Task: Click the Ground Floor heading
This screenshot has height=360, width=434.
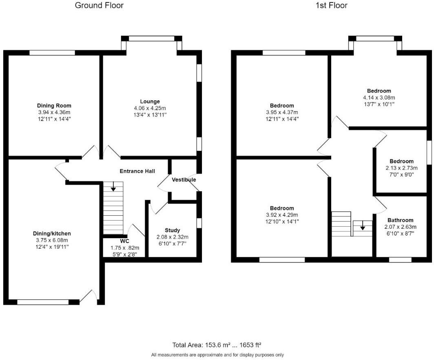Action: click(x=99, y=5)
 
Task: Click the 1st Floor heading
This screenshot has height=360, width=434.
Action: click(x=332, y=5)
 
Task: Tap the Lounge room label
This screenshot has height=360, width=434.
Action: click(x=150, y=102)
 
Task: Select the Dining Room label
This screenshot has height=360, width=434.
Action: click(x=54, y=106)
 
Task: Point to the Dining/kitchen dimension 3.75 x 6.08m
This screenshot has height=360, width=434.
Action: click(x=52, y=240)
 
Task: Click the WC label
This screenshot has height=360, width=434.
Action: click(x=124, y=241)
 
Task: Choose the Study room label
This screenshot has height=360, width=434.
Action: click(x=172, y=230)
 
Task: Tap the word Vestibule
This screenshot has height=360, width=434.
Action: click(x=184, y=180)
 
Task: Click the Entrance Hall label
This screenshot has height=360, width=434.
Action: click(x=137, y=171)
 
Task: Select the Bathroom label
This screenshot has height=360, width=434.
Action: click(x=400, y=220)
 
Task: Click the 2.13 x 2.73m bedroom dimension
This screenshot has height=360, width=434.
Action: click(x=401, y=168)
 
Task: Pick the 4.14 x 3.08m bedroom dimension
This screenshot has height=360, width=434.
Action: click(x=379, y=97)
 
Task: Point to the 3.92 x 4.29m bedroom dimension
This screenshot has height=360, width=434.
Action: click(x=281, y=215)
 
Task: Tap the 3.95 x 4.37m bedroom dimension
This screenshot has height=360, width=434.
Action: click(x=281, y=113)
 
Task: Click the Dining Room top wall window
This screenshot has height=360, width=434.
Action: click(x=52, y=52)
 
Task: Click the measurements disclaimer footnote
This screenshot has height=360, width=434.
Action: click(x=217, y=355)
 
